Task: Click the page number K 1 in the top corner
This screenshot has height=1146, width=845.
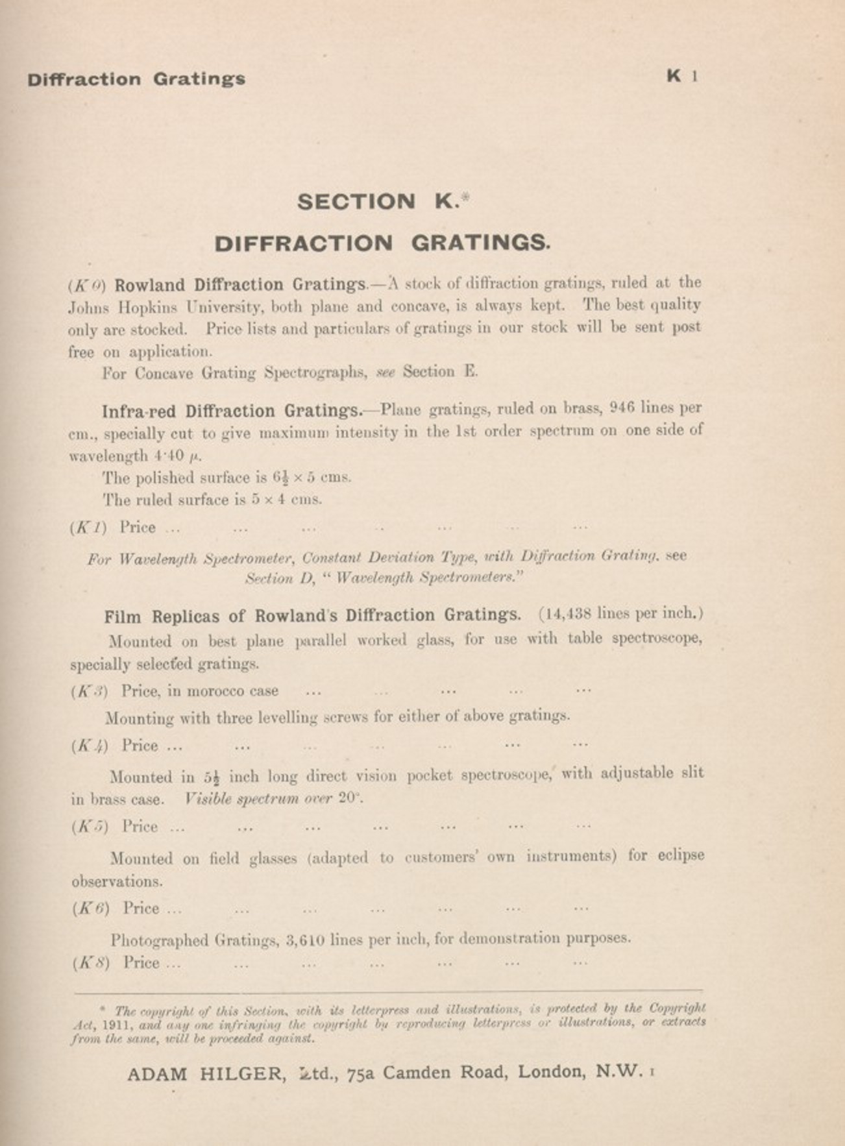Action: [x=681, y=77]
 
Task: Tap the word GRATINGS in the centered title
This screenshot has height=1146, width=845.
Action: [x=480, y=243]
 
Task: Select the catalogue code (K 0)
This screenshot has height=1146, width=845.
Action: [x=87, y=286]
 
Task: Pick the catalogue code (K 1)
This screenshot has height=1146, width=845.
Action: [x=88, y=528]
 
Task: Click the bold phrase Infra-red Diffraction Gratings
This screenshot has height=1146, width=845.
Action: [x=232, y=411]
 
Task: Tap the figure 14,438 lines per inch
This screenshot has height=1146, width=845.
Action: [x=620, y=614]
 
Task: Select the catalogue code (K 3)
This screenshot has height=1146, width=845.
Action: [x=90, y=691]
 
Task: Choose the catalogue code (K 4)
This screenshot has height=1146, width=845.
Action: [x=90, y=746]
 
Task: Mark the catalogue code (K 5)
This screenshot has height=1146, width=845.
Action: [x=90, y=827]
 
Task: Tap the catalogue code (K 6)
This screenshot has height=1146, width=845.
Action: [x=91, y=908]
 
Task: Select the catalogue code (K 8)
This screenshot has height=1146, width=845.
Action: [x=91, y=963]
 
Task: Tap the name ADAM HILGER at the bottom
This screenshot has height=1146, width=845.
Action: [x=206, y=1075]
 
